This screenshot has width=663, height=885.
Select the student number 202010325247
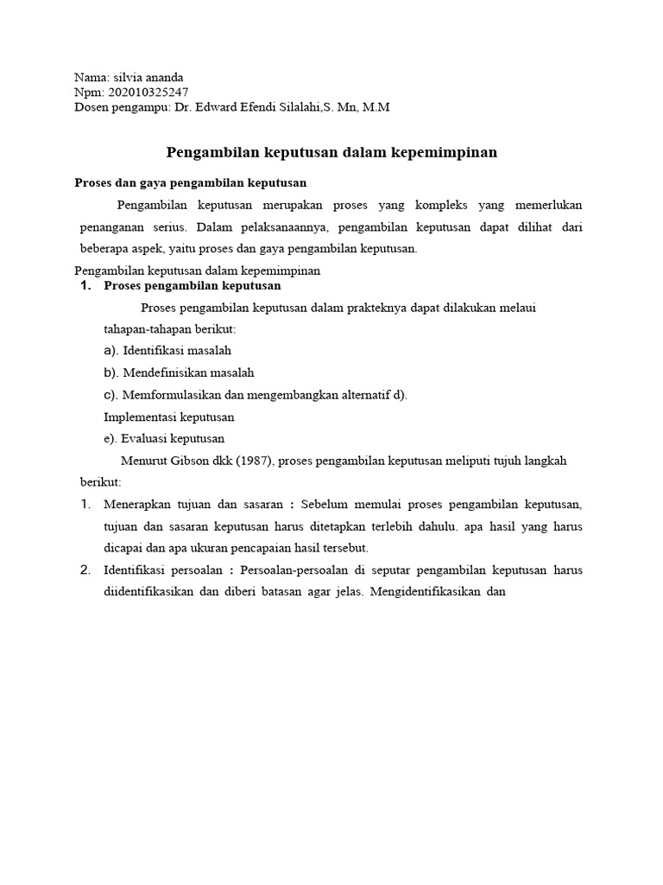click(147, 92)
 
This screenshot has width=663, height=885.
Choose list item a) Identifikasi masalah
click(167, 351)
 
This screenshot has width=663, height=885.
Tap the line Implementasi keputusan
click(168, 417)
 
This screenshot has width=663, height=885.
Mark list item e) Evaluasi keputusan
click(164, 438)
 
